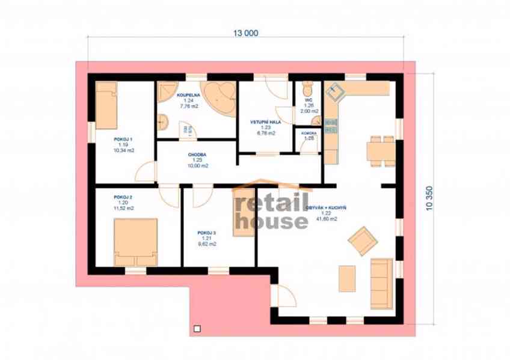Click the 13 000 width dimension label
247,34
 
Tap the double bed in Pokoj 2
136,241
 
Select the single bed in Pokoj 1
107,106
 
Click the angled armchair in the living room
363,240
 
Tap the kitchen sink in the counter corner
334,91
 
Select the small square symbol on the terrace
196,328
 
